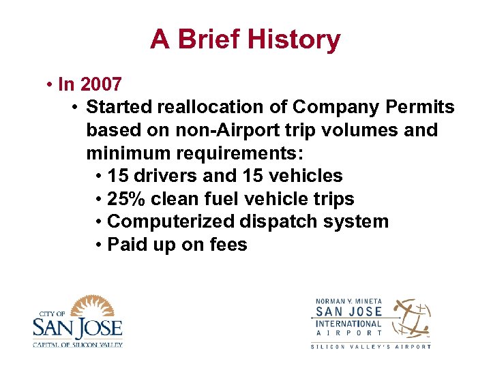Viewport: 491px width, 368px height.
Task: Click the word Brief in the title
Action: (x=206, y=40)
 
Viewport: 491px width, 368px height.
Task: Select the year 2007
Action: (x=101, y=85)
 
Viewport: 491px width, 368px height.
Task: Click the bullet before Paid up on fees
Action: (x=100, y=245)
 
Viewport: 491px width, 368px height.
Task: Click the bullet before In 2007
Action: (x=50, y=85)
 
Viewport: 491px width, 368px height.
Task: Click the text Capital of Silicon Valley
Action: (x=77, y=344)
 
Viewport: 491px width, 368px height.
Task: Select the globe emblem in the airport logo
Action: (x=411, y=318)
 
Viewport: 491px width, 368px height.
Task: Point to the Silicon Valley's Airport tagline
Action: (x=371, y=346)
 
